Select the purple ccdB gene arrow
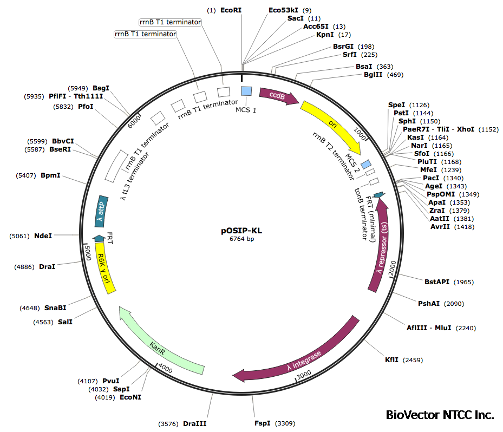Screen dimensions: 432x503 click(278, 96)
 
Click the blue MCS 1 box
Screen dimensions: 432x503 click(246, 91)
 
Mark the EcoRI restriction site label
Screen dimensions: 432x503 click(231, 10)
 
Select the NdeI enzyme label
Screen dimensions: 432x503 click(43, 236)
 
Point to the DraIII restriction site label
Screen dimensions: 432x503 click(194, 424)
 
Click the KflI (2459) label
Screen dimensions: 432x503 click(393, 359)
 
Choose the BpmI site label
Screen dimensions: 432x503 click(50, 175)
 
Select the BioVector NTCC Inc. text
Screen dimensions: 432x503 click(440, 415)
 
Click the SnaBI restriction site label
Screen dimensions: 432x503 click(56, 307)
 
